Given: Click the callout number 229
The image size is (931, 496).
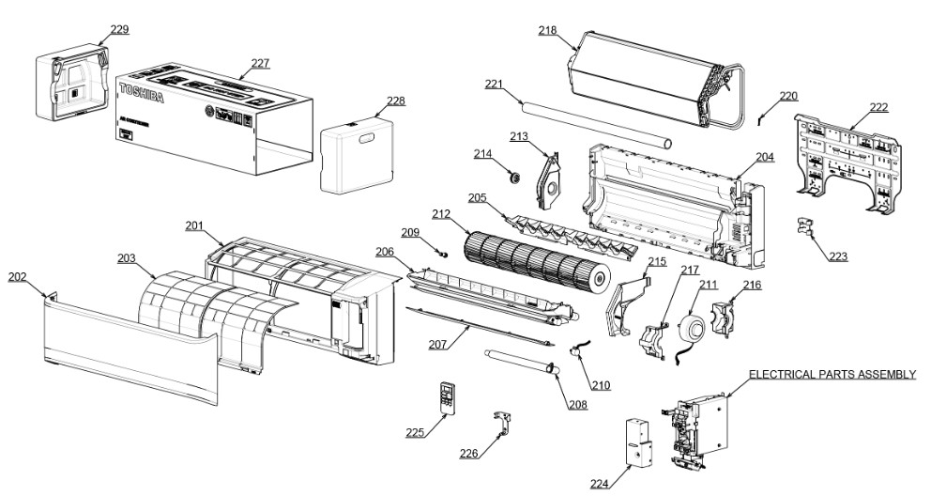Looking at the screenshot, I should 119,29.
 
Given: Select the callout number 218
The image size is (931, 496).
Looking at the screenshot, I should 547,30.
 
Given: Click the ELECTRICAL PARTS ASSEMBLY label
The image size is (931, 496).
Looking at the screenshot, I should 832,374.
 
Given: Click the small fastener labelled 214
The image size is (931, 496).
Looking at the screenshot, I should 512,175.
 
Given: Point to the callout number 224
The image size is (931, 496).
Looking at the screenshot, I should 599,484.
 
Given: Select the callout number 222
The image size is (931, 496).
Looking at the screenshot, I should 878,107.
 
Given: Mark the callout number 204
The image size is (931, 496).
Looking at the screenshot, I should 765,157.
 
